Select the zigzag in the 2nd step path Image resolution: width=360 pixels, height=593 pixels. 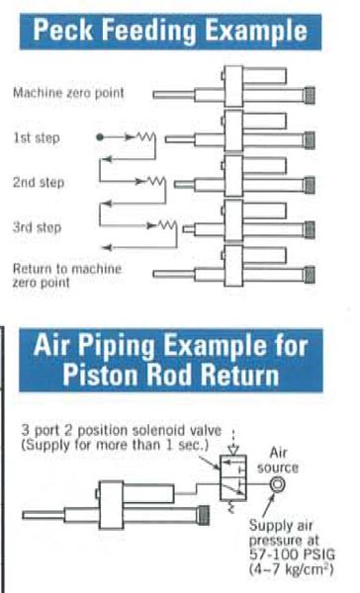tap(157, 181)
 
